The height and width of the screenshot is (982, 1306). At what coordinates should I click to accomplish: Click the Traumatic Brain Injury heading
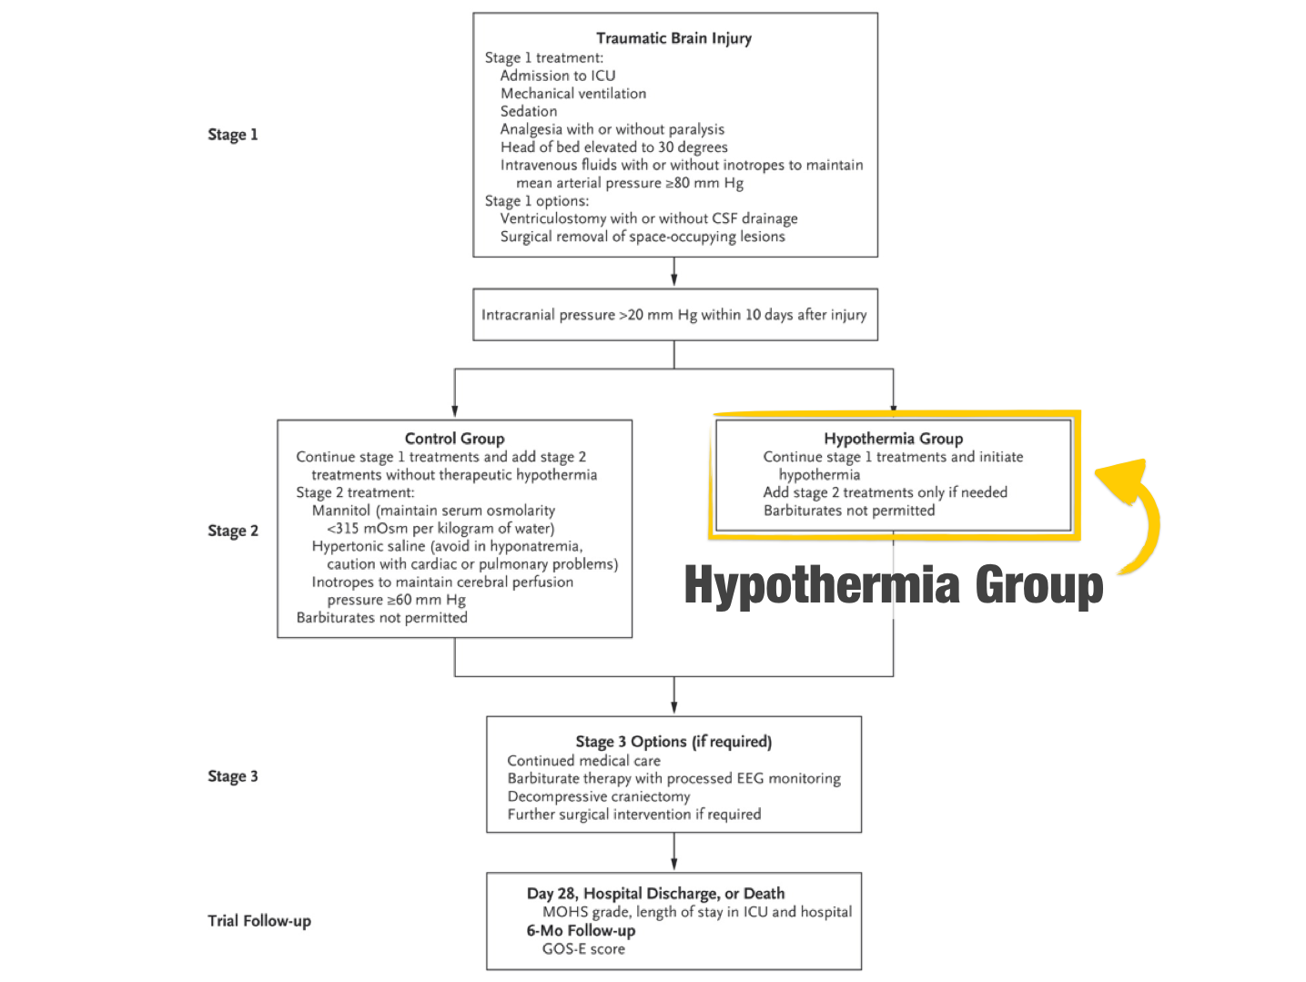(673, 38)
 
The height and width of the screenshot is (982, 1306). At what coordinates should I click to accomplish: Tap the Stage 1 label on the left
(233, 135)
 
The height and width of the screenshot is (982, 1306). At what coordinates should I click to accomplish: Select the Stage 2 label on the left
(233, 531)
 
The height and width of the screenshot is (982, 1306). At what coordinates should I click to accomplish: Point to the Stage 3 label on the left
(233, 776)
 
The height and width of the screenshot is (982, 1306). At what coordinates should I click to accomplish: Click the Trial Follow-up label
(259, 921)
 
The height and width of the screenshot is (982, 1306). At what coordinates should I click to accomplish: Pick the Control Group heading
(454, 439)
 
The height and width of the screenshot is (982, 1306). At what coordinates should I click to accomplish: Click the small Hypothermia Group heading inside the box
(893, 439)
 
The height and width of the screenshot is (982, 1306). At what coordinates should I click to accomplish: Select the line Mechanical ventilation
(573, 94)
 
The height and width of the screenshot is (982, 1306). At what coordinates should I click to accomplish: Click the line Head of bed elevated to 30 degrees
(614, 147)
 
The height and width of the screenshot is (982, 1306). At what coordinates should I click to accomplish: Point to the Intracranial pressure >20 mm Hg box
(674, 315)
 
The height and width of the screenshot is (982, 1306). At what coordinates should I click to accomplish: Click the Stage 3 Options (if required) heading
(673, 742)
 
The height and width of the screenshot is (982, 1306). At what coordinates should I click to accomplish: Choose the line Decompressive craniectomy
(599, 796)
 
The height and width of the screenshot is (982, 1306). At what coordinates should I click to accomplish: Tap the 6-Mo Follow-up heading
(581, 930)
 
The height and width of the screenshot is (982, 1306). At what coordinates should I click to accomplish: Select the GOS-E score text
(583, 948)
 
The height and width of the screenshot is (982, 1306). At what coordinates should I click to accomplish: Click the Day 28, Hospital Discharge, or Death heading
(655, 894)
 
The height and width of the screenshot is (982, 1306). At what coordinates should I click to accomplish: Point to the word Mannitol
(341, 511)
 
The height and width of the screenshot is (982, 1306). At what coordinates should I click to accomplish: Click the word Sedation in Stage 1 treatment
(529, 111)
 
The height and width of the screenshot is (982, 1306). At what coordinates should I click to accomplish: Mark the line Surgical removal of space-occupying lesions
(643, 237)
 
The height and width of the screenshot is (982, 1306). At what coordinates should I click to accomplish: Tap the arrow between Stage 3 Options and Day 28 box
(673, 852)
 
